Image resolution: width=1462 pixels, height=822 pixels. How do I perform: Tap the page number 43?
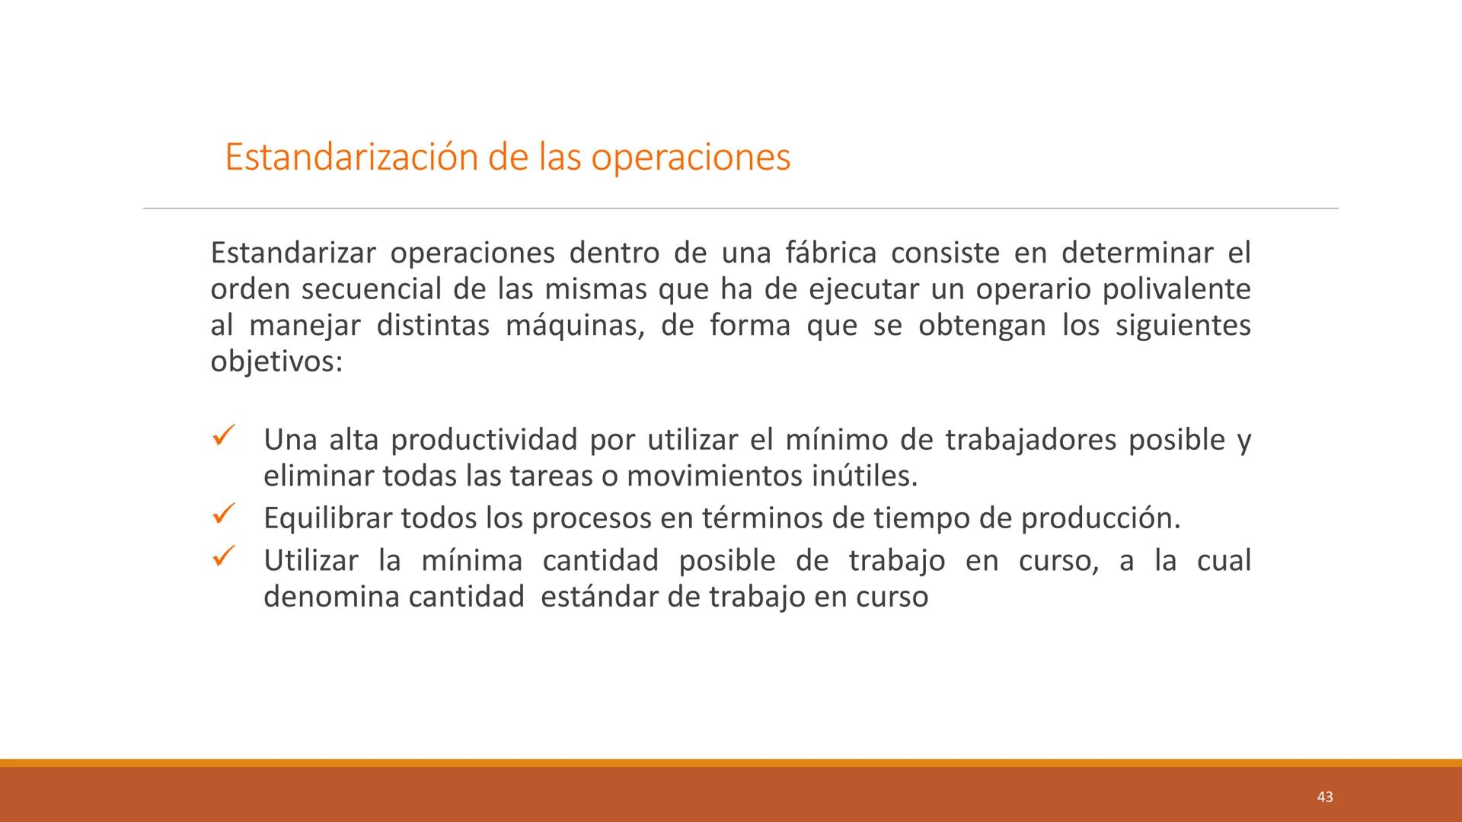(1324, 797)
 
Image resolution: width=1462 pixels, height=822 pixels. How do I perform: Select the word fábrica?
(830, 253)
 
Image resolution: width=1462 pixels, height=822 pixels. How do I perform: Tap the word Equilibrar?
(326, 519)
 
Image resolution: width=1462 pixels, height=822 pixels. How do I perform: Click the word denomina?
(330, 597)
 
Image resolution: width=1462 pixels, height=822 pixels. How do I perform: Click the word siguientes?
(1183, 326)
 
